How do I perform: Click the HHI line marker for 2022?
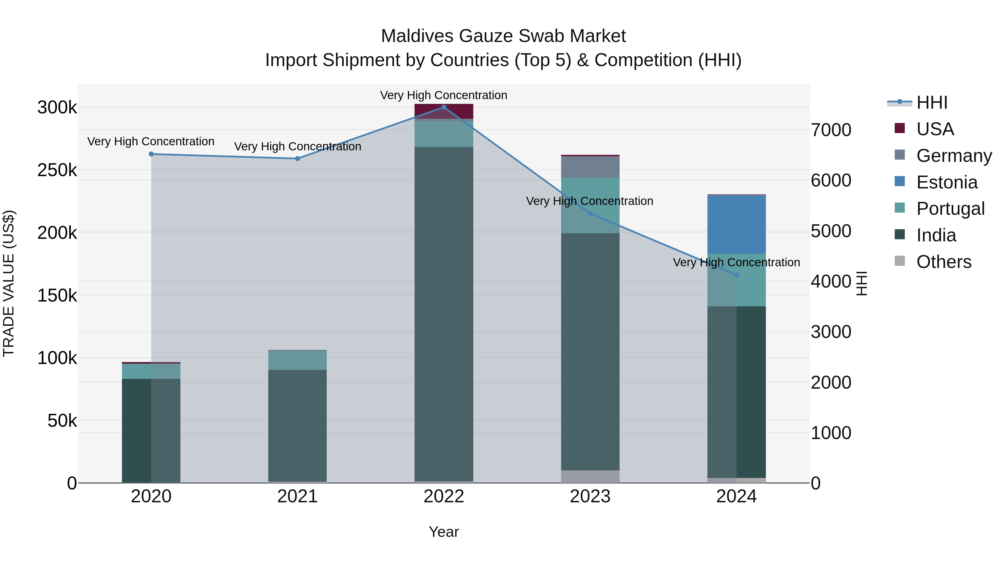(x=444, y=107)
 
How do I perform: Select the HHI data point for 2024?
(x=737, y=275)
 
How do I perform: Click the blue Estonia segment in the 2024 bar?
(x=737, y=225)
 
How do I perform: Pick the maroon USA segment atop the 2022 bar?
(x=444, y=111)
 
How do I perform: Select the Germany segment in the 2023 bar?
(x=590, y=167)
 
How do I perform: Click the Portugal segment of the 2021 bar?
(x=298, y=360)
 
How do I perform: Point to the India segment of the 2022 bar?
(x=444, y=313)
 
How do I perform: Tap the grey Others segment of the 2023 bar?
(x=590, y=476)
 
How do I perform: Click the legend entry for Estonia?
(x=946, y=182)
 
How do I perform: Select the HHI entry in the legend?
(x=931, y=102)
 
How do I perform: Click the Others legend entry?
(x=943, y=262)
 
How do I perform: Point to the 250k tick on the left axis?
(x=57, y=170)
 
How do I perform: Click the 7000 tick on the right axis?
(x=831, y=130)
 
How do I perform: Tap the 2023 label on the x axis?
(x=590, y=496)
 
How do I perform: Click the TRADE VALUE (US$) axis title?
(x=9, y=283)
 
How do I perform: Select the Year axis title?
(x=444, y=532)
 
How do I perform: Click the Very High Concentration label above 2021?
(x=298, y=146)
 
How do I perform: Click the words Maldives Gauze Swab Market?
(x=503, y=36)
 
